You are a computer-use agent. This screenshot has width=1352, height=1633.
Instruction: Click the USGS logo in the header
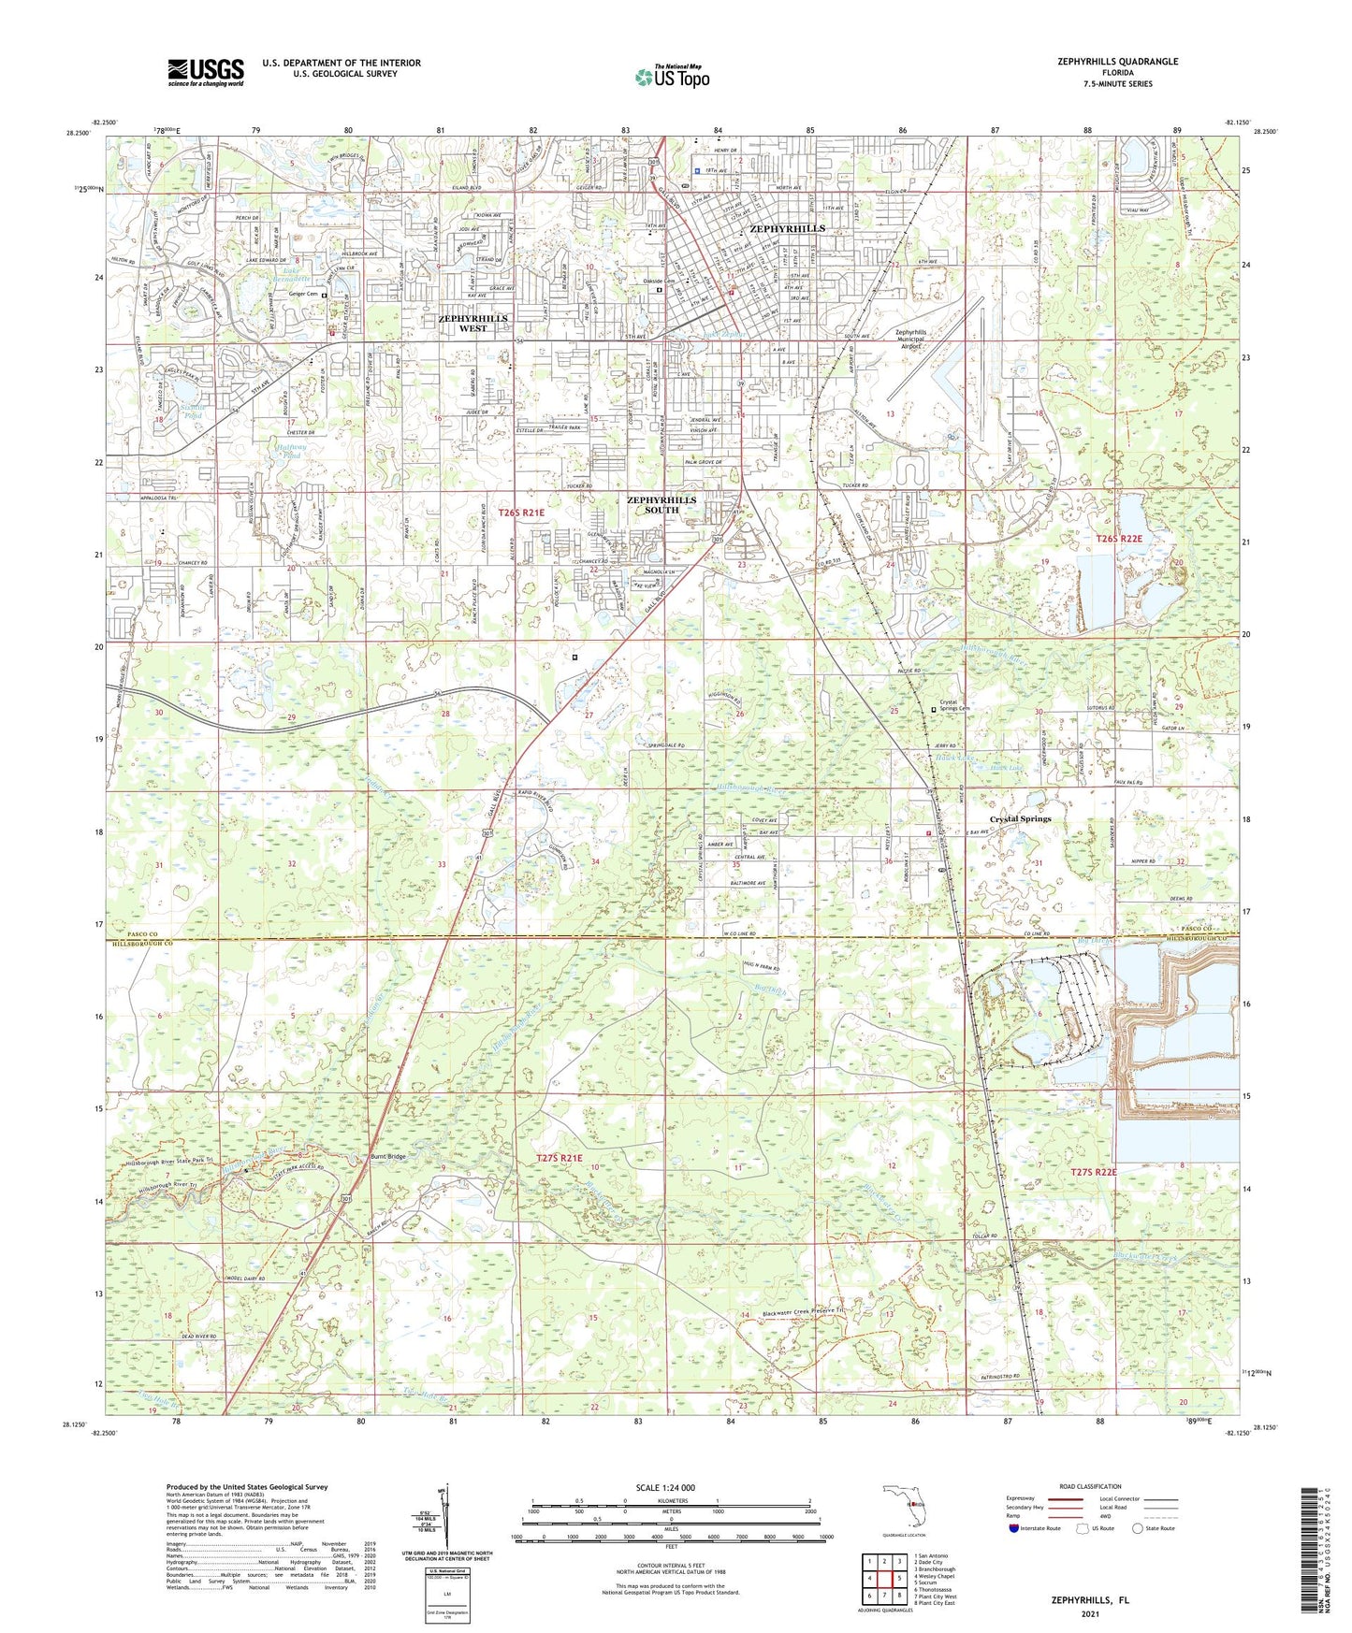point(206,71)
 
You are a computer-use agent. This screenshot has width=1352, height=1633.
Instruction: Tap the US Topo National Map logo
point(671,77)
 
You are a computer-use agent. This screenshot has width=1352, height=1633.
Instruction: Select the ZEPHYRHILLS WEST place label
point(472,324)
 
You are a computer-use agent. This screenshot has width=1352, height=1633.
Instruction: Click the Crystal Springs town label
point(1020,819)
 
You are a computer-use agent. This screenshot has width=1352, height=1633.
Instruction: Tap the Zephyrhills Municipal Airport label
point(923,339)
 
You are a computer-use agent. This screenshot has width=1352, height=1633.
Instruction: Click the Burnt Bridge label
point(388,1157)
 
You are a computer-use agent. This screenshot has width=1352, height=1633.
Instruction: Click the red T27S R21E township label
point(560,1158)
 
